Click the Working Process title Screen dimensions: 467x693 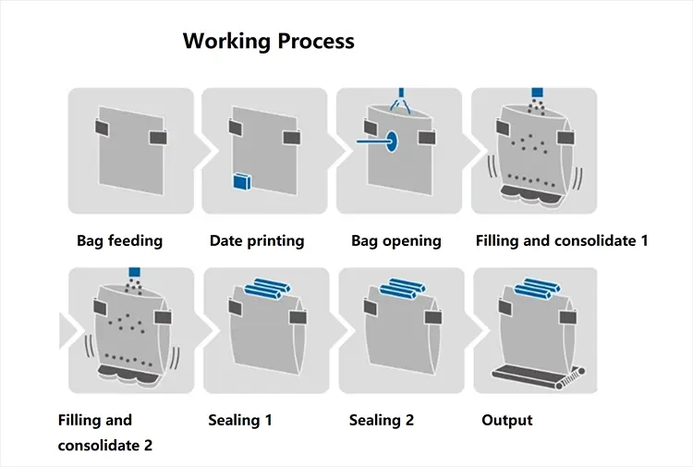(268, 41)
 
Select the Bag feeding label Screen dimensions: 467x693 (119, 240)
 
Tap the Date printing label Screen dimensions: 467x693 (257, 240)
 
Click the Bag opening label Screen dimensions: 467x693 (396, 240)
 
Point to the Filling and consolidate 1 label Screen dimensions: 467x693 (562, 240)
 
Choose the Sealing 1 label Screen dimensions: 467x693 (240, 420)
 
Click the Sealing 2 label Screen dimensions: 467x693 (382, 420)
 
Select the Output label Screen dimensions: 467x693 (507, 420)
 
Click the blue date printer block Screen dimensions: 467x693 (243, 181)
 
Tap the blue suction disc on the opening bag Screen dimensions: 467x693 (390, 142)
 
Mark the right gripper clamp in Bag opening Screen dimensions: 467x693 (427, 138)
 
